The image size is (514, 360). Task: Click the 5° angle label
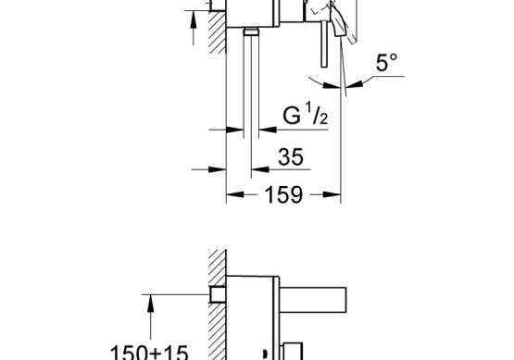tap(387, 63)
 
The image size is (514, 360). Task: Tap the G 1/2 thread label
tap(306, 113)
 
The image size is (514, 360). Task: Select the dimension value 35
tap(291, 157)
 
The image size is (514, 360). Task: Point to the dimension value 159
tap(283, 195)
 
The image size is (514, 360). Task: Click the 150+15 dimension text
tap(149, 353)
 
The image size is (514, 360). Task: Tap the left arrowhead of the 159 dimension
tap(234, 194)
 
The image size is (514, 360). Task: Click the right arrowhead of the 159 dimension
tap(332, 194)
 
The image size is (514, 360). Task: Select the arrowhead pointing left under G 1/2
tap(268, 130)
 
